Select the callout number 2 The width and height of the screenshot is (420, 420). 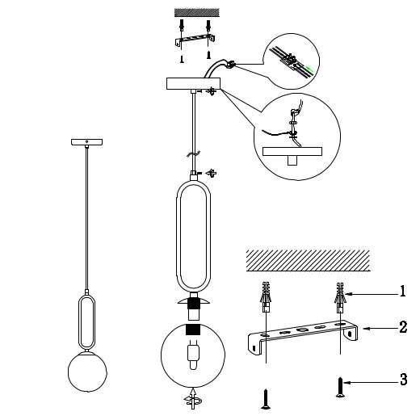(402, 330)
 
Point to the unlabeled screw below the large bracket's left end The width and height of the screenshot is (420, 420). (265, 396)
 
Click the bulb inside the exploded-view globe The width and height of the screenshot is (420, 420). (193, 352)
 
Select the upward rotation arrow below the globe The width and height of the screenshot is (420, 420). (192, 397)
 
